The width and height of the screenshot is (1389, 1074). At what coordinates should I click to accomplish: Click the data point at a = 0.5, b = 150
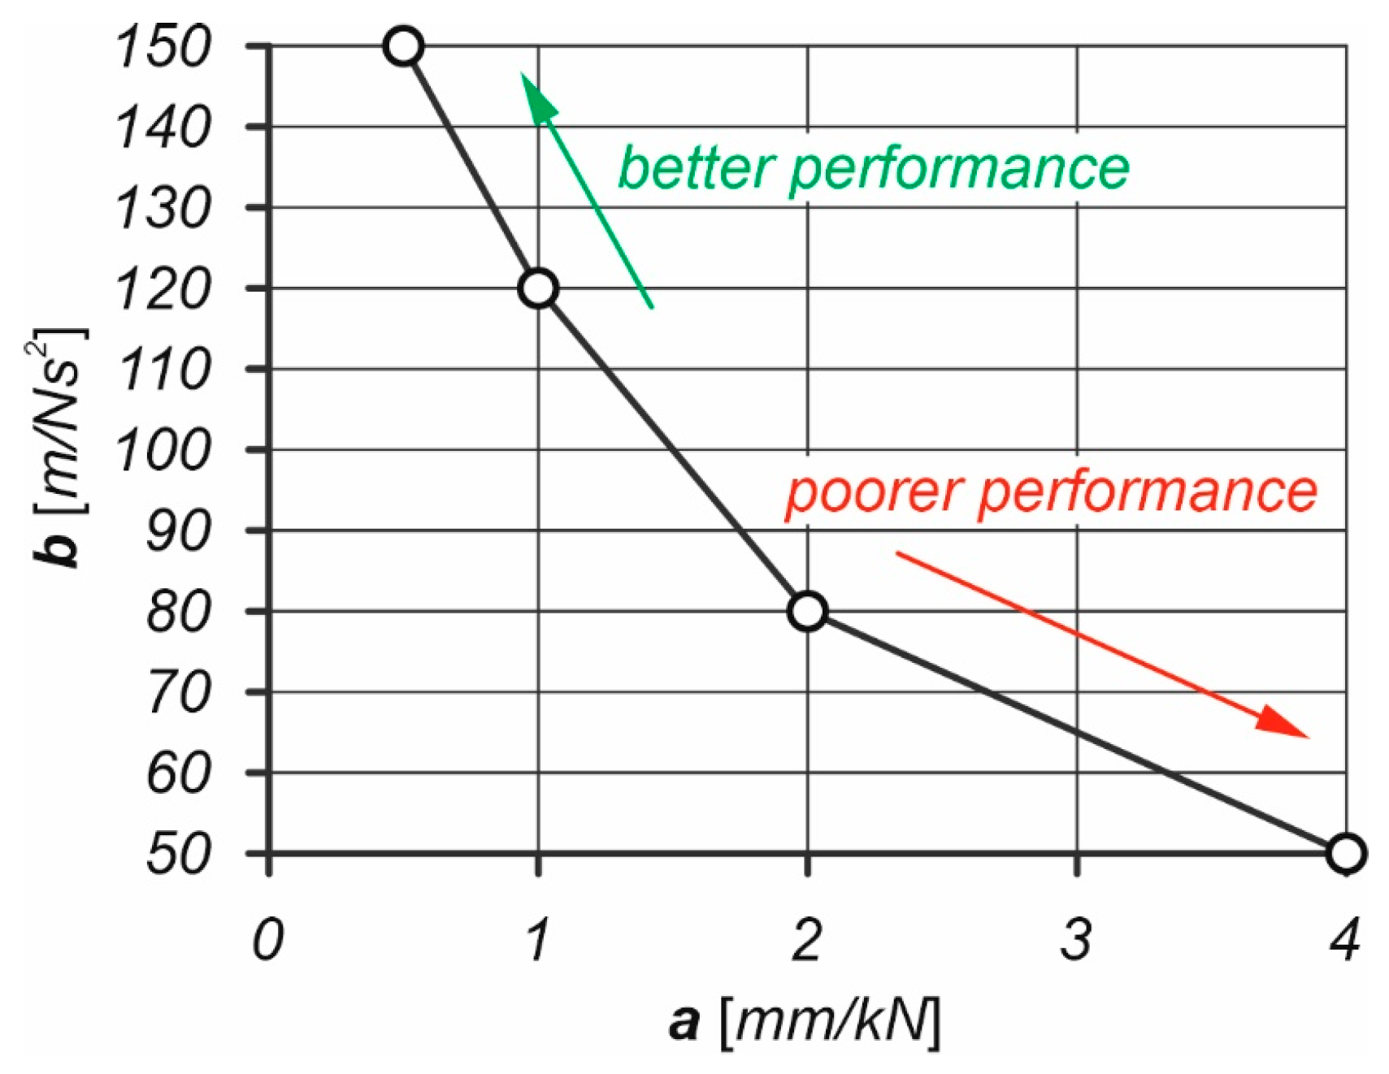tap(404, 46)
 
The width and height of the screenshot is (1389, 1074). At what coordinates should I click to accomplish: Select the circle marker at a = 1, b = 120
tap(538, 288)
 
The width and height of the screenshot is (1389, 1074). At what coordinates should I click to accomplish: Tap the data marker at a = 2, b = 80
tap(807, 611)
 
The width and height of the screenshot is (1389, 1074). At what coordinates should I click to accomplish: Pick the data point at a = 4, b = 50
tap(1345, 853)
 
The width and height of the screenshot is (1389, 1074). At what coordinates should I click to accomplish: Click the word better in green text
tap(695, 168)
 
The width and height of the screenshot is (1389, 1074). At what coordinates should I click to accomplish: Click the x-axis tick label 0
tap(268, 940)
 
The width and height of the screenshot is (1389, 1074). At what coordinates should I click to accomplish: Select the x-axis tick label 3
tap(1076, 940)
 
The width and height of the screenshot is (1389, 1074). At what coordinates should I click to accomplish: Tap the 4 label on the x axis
tap(1345, 940)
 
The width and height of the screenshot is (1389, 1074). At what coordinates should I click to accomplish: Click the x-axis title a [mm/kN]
tap(805, 1020)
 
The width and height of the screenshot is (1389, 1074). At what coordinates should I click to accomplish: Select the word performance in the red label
tap(1148, 493)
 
